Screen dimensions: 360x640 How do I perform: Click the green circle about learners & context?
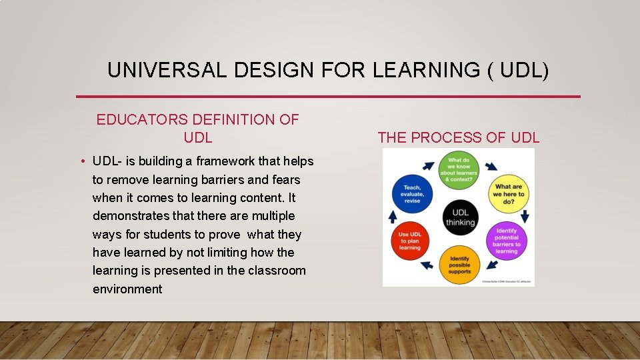click(459, 169)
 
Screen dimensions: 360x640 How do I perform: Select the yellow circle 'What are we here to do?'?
click(509, 194)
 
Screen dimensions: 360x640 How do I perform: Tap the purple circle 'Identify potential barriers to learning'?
click(507, 241)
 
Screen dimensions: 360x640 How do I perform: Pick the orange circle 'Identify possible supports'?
click(459, 265)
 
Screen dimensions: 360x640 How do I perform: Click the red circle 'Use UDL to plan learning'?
click(410, 241)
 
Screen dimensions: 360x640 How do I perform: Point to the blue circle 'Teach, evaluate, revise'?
click(412, 193)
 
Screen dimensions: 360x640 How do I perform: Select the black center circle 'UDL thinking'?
click(460, 217)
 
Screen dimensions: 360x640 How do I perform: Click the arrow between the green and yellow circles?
click(491, 166)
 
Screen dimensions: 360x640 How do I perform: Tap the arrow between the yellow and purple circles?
click(525, 216)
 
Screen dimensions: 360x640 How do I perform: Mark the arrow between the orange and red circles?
click(426, 265)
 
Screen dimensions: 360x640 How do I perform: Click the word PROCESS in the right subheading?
click(449, 138)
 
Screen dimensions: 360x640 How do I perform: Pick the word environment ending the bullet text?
click(127, 289)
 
